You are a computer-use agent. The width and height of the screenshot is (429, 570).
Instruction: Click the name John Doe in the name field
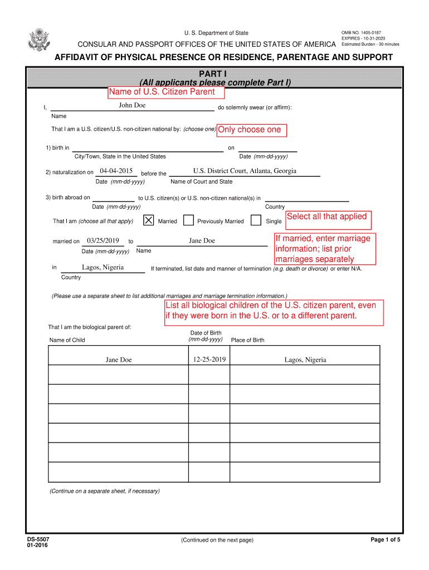[x=132, y=106]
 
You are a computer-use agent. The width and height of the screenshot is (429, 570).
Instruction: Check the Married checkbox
[x=149, y=220]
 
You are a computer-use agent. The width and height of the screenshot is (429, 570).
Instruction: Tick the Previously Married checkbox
[x=189, y=220]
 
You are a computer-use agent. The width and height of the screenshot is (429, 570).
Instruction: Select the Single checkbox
[x=256, y=220]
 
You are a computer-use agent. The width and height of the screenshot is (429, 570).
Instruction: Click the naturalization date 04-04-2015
[x=116, y=171]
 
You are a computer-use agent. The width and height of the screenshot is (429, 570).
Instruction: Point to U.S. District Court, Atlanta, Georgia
[x=245, y=171]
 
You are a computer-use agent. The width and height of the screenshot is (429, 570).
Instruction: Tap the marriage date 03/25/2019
[x=104, y=240]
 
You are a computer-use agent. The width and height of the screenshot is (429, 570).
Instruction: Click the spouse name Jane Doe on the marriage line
[x=202, y=240]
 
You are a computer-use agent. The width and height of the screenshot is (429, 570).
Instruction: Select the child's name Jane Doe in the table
[x=119, y=360]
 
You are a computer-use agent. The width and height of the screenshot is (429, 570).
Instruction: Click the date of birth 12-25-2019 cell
[x=209, y=360]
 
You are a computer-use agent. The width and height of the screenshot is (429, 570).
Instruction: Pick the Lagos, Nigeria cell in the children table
[x=305, y=360]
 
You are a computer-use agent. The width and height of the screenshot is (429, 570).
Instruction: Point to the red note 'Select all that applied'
[x=327, y=217]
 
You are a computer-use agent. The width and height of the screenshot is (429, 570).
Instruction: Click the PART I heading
[x=215, y=73]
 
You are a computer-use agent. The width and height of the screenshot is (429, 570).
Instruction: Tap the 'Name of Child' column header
[x=67, y=340]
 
